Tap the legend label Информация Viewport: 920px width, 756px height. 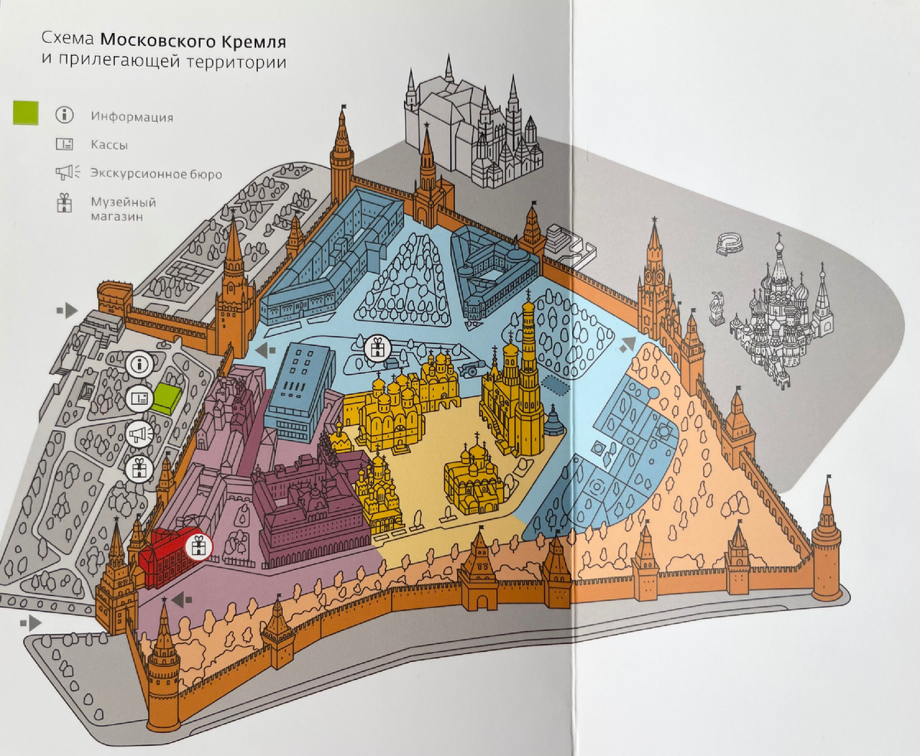pyautogui.click(x=132, y=117)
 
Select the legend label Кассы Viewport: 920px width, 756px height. pyautogui.click(x=110, y=145)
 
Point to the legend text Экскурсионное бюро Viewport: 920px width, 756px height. pyautogui.click(x=156, y=174)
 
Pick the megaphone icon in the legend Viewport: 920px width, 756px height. pyautogui.click(x=64, y=173)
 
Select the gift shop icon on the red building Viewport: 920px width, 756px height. pyautogui.click(x=199, y=547)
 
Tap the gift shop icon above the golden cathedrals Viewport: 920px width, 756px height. pyautogui.click(x=376, y=348)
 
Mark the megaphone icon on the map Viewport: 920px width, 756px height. pyautogui.click(x=139, y=435)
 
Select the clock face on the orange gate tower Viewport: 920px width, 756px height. pyautogui.click(x=654, y=272)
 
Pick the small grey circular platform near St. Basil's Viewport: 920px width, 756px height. pyautogui.click(x=729, y=244)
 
